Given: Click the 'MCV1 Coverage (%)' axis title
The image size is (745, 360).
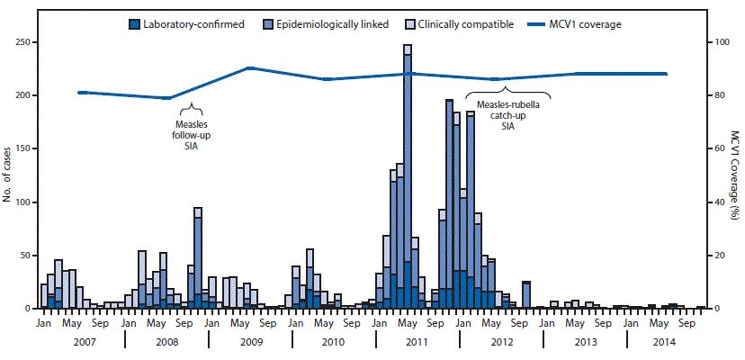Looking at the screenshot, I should (734, 175).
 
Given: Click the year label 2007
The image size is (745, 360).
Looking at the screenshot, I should (84, 343).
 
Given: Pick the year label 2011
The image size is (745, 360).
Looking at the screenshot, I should (417, 343).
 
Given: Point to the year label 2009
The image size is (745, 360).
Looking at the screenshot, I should (250, 343).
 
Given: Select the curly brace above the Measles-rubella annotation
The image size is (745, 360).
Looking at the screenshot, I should (507, 90).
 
